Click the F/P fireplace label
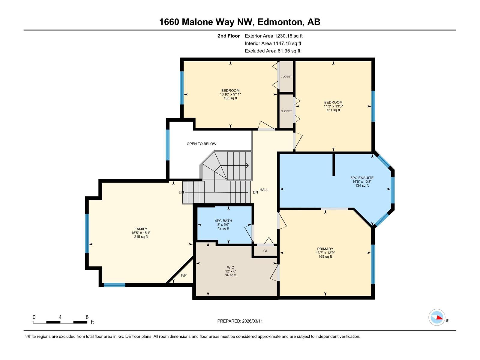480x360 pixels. tap(184, 275)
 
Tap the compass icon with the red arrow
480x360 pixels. tap(437, 317)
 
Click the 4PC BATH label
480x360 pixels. tap(223, 221)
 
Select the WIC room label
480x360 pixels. tap(230, 267)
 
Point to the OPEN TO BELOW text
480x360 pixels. tap(201, 144)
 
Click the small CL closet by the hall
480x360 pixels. tap(265, 251)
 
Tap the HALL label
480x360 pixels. tap(264, 190)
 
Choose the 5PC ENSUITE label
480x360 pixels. tap(362, 178)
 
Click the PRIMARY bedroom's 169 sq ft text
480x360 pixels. tap(325, 256)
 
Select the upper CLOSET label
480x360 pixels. tap(286, 76)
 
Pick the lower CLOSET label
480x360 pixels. tap(286, 111)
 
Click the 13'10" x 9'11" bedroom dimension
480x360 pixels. tap(230, 94)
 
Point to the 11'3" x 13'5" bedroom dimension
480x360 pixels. tap(333, 106)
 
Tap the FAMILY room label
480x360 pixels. tap(141, 229)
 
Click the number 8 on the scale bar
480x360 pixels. tap(87, 317)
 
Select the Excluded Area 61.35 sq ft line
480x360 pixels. tap(272, 51)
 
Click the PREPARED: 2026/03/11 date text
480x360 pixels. tap(240, 321)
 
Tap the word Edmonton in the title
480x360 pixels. tap(280, 22)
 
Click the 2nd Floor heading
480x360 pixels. tap(229, 36)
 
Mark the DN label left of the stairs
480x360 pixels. tap(181, 192)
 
